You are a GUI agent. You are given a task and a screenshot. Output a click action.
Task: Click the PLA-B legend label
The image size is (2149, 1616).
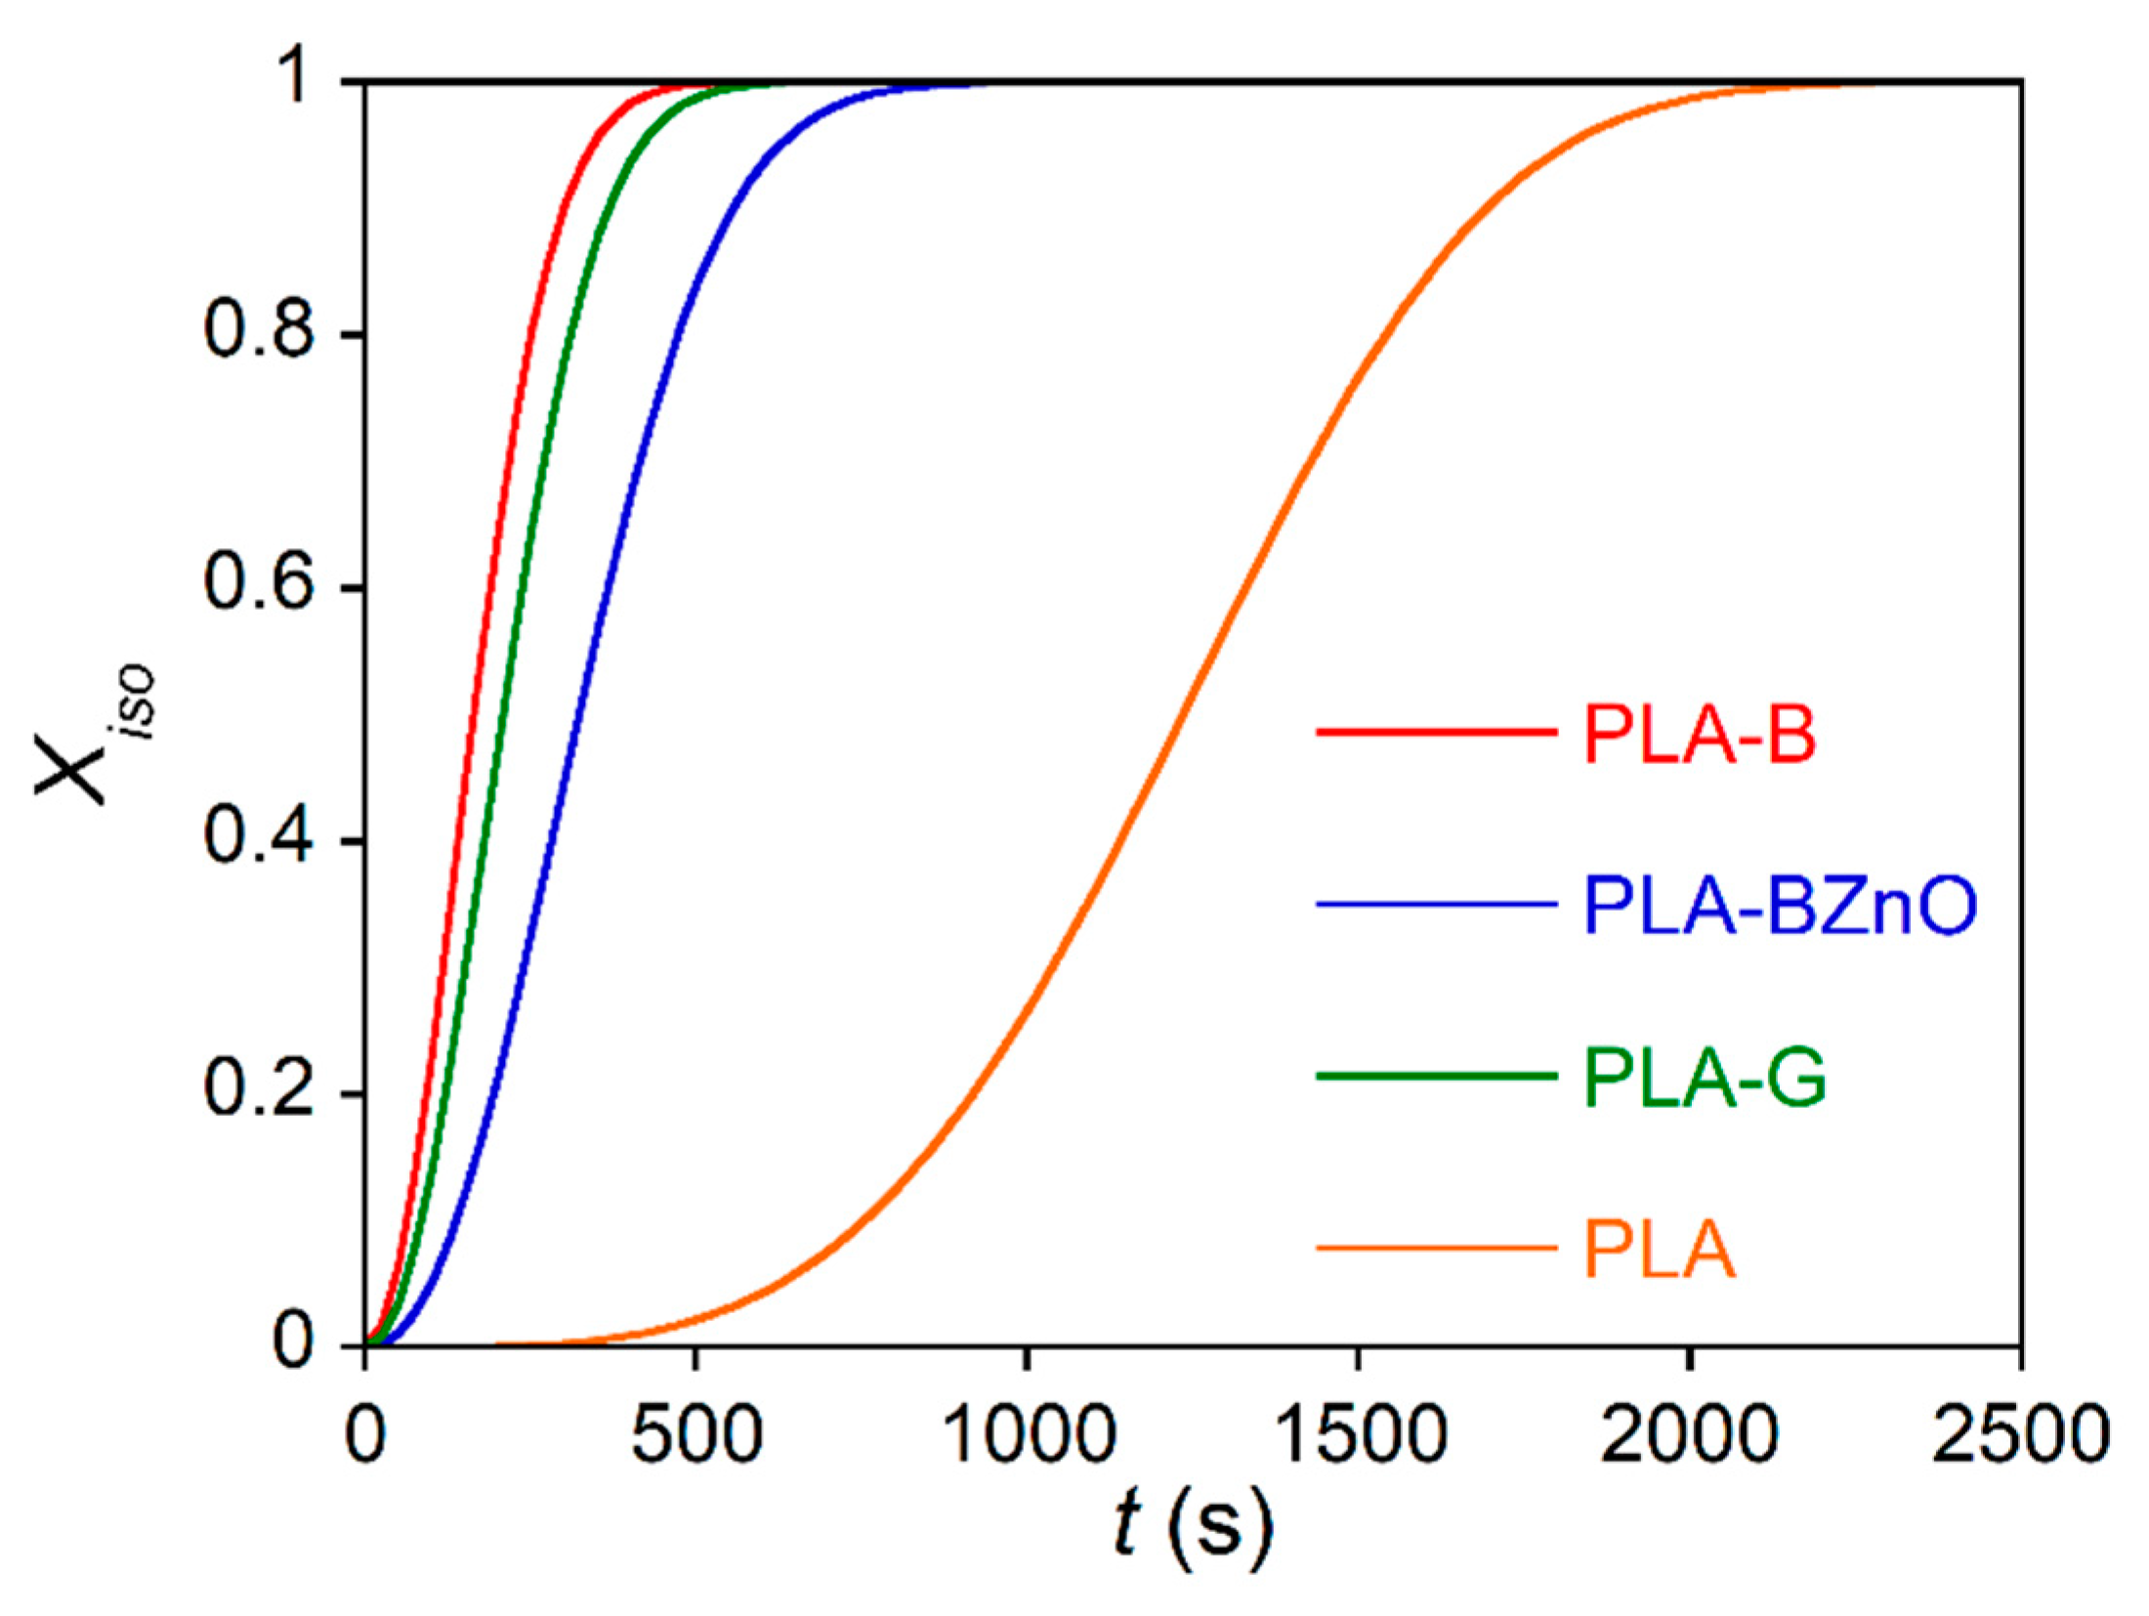click(1699, 734)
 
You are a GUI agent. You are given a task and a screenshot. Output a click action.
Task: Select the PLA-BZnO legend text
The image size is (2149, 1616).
click(1780, 906)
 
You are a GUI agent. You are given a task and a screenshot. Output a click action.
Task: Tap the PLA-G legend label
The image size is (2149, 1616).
click(1705, 1078)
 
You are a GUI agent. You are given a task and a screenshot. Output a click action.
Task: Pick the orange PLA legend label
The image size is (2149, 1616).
click(1660, 1250)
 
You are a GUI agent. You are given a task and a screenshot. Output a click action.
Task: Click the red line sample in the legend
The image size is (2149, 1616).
click(1436, 731)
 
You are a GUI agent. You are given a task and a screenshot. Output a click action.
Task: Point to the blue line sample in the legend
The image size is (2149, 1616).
click(1436, 904)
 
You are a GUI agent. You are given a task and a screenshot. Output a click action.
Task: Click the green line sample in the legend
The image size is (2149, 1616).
click(1436, 1076)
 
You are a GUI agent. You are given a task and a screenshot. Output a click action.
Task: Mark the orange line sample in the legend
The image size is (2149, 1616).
click(1436, 1248)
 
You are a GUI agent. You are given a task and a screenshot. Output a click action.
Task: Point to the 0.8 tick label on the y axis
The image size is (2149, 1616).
click(259, 334)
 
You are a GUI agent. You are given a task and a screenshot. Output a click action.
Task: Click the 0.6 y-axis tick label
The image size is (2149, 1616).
click(259, 586)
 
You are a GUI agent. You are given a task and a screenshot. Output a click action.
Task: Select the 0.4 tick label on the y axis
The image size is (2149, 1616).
click(259, 839)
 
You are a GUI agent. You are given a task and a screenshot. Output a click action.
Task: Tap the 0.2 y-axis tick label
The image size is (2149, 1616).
click(259, 1091)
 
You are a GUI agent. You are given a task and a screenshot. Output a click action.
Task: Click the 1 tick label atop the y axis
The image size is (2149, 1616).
click(293, 83)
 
